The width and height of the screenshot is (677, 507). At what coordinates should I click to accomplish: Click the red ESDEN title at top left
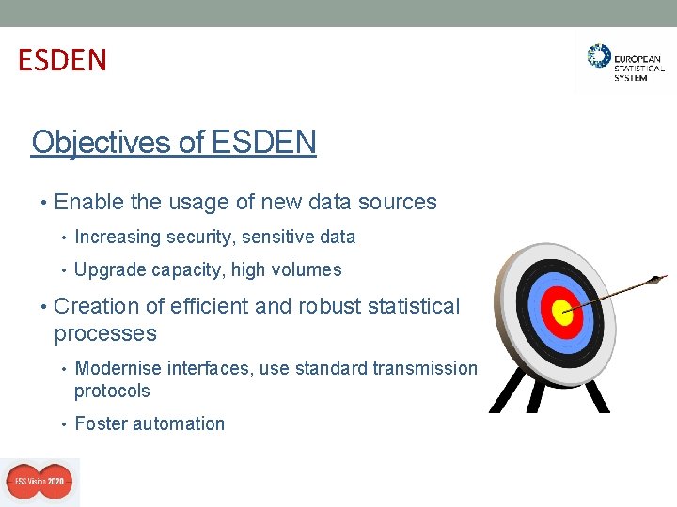pos(62,60)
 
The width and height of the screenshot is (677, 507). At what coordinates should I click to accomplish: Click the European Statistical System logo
pos(624,62)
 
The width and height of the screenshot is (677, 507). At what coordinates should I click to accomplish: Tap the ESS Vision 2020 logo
pos(39,482)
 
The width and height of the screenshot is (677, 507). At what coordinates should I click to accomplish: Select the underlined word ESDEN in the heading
pos(264,143)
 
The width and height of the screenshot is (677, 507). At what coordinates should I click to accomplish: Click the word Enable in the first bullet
pos(85,202)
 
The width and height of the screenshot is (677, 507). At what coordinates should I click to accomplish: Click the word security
pos(201,237)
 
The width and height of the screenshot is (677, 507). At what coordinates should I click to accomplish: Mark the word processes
pos(105,334)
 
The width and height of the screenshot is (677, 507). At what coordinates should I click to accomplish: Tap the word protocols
pos(112,391)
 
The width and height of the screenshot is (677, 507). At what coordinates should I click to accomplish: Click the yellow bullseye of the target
pos(562,315)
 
